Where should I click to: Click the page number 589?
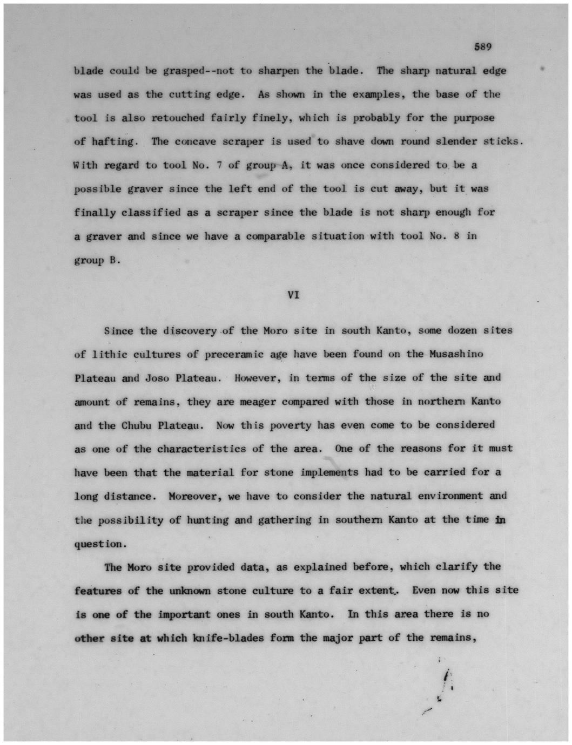[482, 47]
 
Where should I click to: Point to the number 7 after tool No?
[219, 165]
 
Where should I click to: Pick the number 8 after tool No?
[456, 236]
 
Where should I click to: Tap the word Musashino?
[456, 354]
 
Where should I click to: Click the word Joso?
[157, 378]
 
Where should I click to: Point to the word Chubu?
[136, 425]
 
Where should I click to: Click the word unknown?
[190, 591]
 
